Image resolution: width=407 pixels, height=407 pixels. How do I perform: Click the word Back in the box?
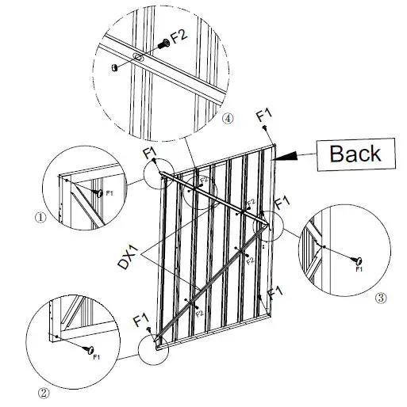355,153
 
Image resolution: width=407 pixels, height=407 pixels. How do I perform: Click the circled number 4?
228,119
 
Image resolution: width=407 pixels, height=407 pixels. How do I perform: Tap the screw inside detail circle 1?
98,192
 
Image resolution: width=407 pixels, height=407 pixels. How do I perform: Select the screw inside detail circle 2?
90,349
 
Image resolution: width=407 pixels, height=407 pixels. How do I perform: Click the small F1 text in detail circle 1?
109,192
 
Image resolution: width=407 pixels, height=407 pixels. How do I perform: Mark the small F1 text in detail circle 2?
97,358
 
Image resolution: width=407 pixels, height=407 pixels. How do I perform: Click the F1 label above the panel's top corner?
265,117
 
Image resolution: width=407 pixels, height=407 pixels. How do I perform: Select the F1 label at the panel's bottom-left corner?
142,321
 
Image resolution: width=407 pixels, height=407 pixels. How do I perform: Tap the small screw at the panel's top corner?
269,139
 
